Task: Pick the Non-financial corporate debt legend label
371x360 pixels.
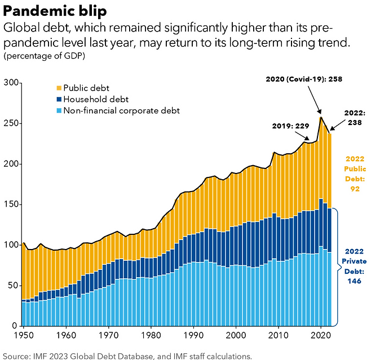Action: (x=121, y=110)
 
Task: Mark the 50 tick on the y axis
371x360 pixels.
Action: (x=12, y=285)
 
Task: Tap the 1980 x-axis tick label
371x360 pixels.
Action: (x=148, y=334)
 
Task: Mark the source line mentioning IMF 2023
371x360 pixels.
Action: (x=127, y=355)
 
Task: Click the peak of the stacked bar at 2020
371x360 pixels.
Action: (x=321, y=118)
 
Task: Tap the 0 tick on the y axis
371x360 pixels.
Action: (x=14, y=326)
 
